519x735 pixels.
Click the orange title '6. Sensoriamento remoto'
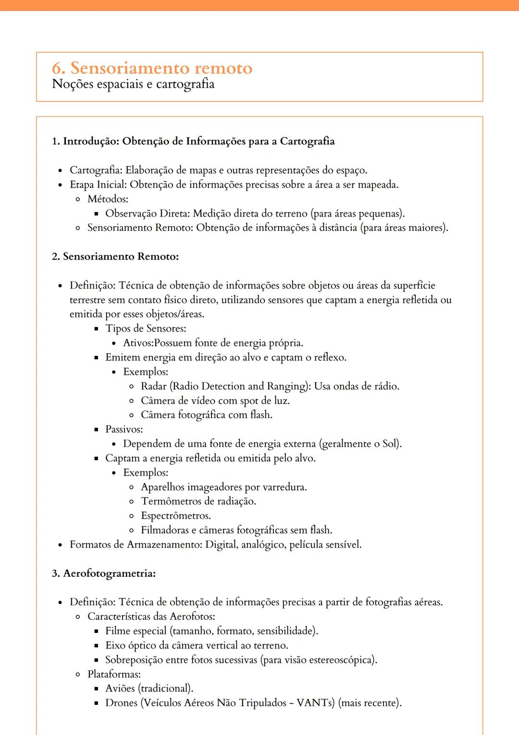coord(152,68)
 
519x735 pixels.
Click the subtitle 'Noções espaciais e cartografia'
coord(133,84)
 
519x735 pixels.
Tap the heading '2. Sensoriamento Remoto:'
coord(115,256)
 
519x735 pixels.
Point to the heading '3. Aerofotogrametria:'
coord(104,573)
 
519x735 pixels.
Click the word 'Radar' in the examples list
coord(153,386)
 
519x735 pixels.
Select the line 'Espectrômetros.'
coord(176,516)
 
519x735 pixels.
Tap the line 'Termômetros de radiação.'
coord(198,501)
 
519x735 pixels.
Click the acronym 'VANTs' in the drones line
coord(315,703)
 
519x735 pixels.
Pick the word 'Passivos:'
coord(124,429)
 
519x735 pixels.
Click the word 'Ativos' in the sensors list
coord(137,343)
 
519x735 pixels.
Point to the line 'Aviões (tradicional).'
coord(149,688)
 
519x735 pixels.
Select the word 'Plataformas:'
coord(114,674)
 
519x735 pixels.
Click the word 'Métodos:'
coord(108,199)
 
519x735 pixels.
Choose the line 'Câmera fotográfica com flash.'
coord(207,415)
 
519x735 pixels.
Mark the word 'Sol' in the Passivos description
coord(389,444)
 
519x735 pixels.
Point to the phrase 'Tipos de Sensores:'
coord(146,329)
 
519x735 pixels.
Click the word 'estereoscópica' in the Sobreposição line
coord(341,659)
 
